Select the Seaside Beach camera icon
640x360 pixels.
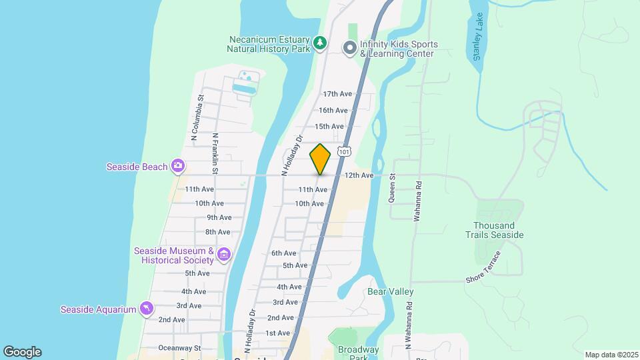[178, 165]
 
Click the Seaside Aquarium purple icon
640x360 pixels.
[147, 308]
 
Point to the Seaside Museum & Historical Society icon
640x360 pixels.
[224, 254]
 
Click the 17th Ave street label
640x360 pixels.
[337, 94]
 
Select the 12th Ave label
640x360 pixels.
[359, 175]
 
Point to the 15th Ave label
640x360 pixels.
[329, 126]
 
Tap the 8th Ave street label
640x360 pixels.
[217, 232]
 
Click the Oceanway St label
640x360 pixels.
[179, 348]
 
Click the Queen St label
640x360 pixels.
[393, 189]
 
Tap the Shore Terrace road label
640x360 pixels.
[483, 269]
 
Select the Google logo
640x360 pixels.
[22, 352]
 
